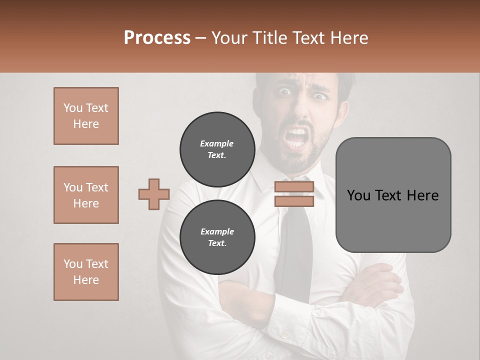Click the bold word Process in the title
click(157, 38)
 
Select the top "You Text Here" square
click(86, 116)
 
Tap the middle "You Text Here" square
click(86, 195)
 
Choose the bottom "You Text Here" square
click(86, 272)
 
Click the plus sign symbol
click(154, 194)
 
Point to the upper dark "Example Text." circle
click(217, 149)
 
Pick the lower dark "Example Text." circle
click(217, 237)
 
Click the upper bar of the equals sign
click(294, 187)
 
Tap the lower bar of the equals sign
click(294, 201)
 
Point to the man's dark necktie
click(297, 245)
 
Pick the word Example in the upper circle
click(217, 143)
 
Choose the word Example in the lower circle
click(217, 231)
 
